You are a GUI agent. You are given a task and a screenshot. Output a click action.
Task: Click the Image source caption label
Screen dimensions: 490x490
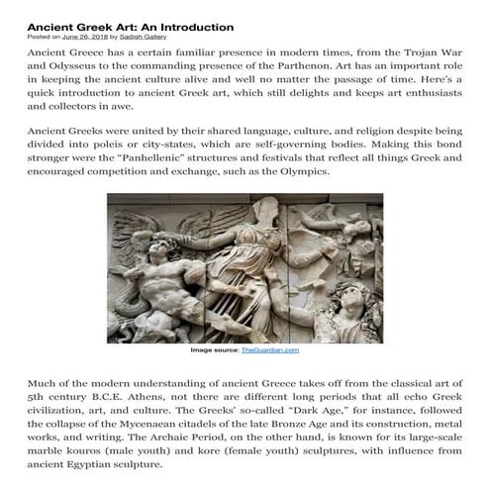point(214,350)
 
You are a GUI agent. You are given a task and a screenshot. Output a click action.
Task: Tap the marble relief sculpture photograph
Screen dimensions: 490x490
point(244,266)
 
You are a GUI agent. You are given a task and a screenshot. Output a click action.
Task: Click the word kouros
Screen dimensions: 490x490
point(77,465)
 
